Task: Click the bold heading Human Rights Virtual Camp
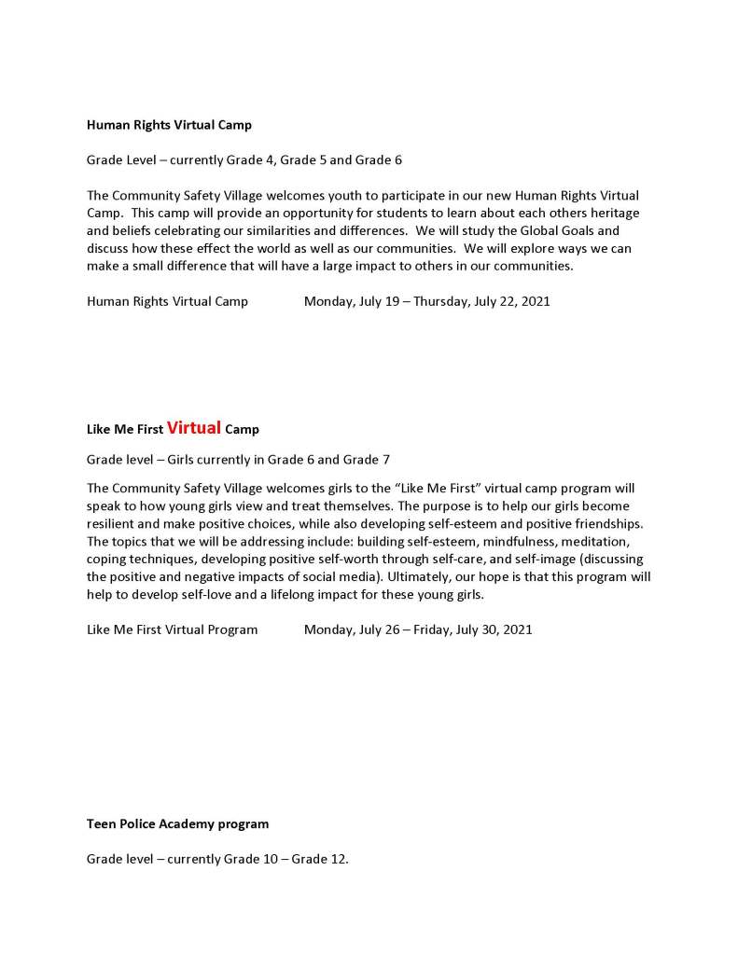pyautogui.click(x=169, y=125)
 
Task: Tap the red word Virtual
pyautogui.click(x=194, y=428)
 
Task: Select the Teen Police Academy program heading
pyautogui.click(x=177, y=824)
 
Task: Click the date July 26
pyautogui.click(x=378, y=629)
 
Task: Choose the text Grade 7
pyautogui.click(x=366, y=460)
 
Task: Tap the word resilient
pyautogui.click(x=111, y=523)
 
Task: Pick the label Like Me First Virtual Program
pyautogui.click(x=172, y=629)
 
